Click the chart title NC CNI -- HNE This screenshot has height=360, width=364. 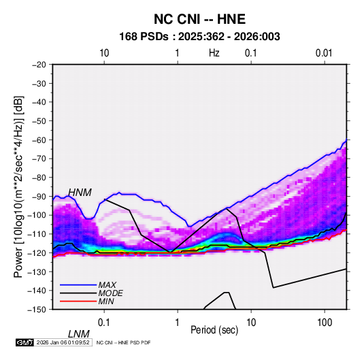[x=199, y=19]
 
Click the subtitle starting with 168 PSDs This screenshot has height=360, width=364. [x=199, y=37]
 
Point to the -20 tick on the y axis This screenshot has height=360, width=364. [x=39, y=65]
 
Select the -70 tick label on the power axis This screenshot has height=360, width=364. [x=39, y=159]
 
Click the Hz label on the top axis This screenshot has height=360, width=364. [x=214, y=53]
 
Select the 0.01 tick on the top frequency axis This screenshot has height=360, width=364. [x=324, y=53]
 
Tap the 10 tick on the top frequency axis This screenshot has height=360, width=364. [x=104, y=53]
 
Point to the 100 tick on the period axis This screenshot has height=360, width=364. [x=325, y=323]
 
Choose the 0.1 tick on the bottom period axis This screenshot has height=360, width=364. [x=104, y=323]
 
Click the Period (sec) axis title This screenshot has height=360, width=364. [x=214, y=330]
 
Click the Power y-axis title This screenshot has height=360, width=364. [x=18, y=186]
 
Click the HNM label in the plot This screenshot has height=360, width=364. [x=80, y=193]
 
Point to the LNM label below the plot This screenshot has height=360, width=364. [x=79, y=334]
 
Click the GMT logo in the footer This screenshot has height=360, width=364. [x=24, y=342]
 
